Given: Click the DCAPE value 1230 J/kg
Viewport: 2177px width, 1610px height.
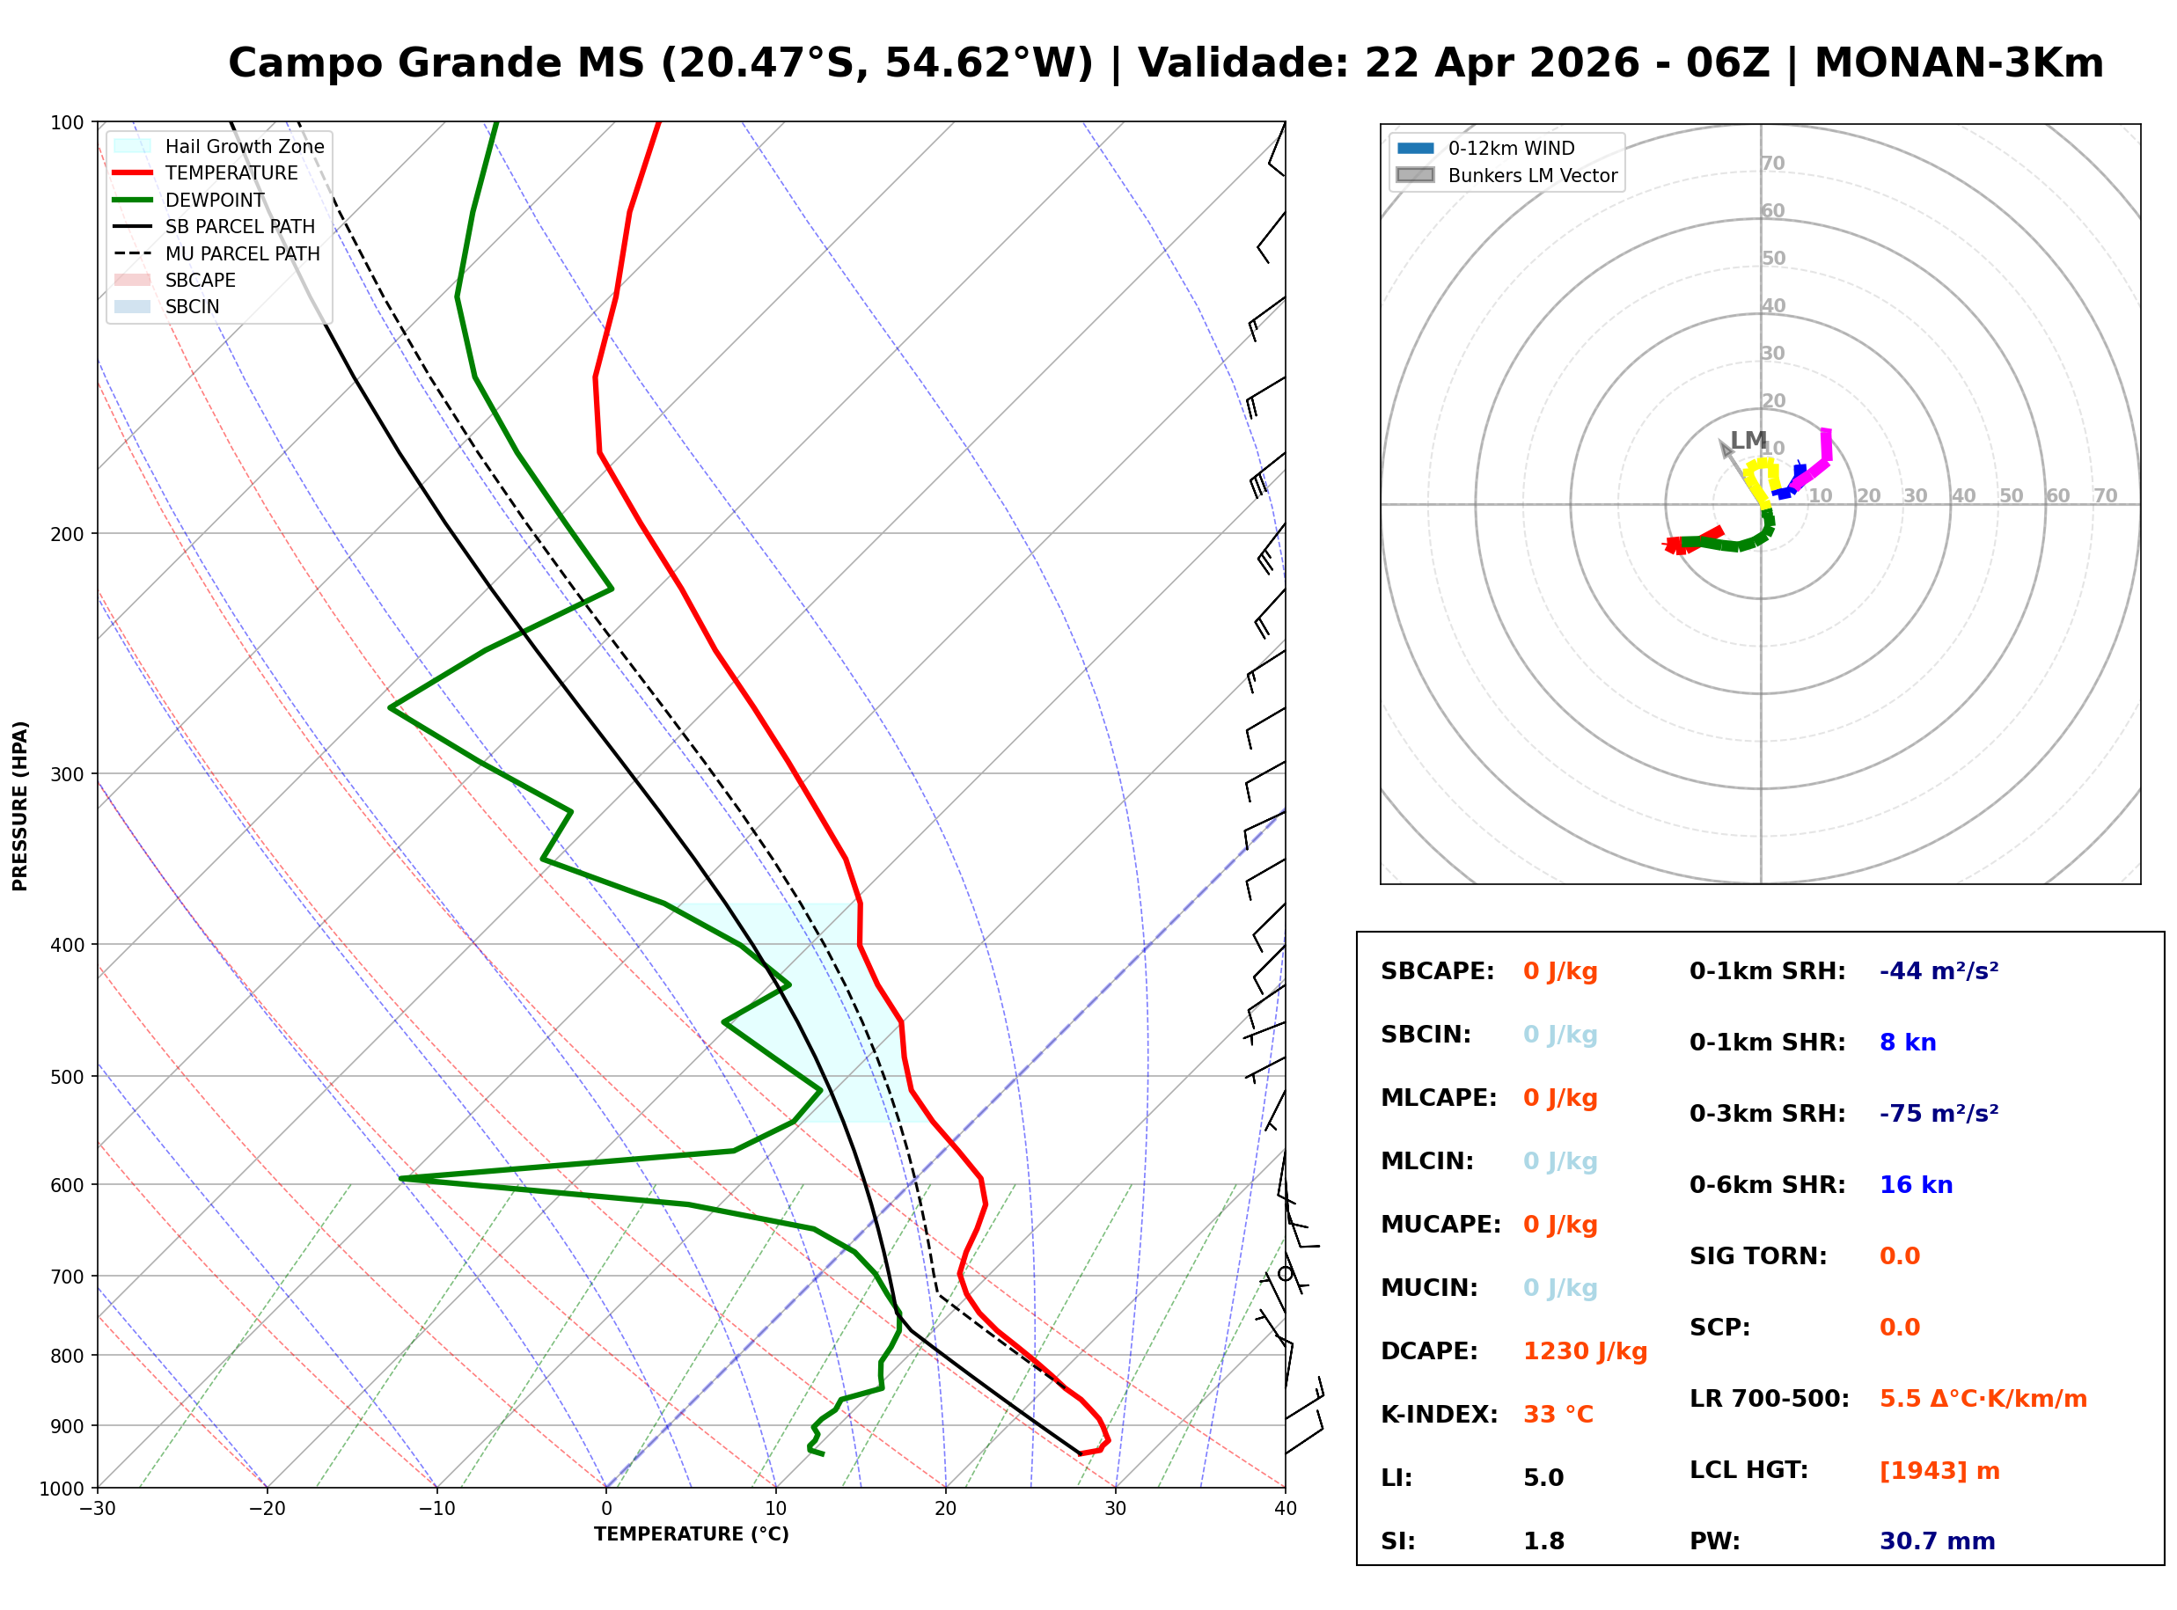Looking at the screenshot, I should (x=1585, y=1351).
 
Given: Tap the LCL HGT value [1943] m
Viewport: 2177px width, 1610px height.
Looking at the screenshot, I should (x=1939, y=1471).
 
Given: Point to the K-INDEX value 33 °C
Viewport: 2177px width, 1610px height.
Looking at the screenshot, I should (x=1558, y=1415).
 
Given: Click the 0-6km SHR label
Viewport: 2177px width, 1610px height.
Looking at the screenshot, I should (x=1767, y=1185).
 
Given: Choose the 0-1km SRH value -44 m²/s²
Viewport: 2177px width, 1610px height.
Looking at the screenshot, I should (x=1939, y=971).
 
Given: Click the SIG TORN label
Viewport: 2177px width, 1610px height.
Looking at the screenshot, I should (x=1758, y=1256).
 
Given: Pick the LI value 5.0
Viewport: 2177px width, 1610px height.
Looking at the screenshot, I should (x=1543, y=1478).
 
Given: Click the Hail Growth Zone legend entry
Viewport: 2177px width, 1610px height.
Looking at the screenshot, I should (x=244, y=146).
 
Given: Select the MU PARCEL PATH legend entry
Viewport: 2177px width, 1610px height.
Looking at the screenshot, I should (x=242, y=253).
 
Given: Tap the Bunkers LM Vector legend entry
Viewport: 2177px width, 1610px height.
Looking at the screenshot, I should (x=1532, y=175).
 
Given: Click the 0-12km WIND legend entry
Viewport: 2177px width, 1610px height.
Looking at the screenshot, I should (x=1511, y=148).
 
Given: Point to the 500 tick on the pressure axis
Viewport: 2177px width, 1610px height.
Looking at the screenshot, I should (x=67, y=1077).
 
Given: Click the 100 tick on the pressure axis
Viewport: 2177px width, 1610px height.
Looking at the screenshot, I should (x=67, y=121).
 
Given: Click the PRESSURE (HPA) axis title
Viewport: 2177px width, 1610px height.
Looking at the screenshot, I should (x=19, y=805).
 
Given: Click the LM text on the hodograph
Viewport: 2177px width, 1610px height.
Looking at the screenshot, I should (x=1748, y=441).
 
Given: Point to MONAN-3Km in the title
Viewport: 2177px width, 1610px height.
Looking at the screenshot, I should (x=1959, y=63).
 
